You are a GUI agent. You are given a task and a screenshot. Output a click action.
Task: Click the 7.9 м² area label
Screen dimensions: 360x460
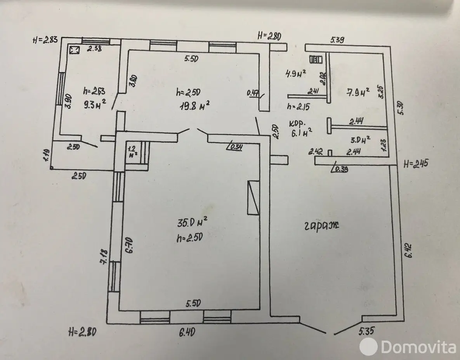[x=357, y=92]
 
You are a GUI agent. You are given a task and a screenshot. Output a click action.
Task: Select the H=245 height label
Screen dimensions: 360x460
[x=415, y=163]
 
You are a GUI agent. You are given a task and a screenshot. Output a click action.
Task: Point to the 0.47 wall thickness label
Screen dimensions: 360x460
[x=253, y=93]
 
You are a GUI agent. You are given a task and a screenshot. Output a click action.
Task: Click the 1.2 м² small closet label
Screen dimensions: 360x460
[x=132, y=151]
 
